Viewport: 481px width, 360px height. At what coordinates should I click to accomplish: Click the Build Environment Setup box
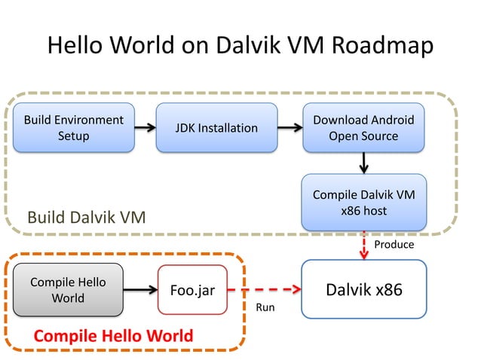pyautogui.click(x=73, y=128)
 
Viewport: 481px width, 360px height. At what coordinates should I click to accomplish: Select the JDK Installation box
pyautogui.click(x=216, y=128)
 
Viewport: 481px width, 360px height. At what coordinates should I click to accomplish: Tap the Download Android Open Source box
pyautogui.click(x=363, y=128)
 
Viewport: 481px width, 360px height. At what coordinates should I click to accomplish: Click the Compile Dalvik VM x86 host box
pyautogui.click(x=363, y=203)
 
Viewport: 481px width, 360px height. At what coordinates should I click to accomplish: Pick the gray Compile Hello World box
pyautogui.click(x=68, y=290)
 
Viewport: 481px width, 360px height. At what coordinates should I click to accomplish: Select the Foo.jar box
pyautogui.click(x=192, y=290)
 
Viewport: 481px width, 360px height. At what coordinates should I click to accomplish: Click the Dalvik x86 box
pyautogui.click(x=363, y=290)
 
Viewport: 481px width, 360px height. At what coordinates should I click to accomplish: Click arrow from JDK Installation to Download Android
pyautogui.click(x=289, y=128)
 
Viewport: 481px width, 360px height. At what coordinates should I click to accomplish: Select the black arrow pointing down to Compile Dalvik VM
pyautogui.click(x=363, y=162)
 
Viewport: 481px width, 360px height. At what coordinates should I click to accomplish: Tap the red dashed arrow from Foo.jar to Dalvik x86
pyautogui.click(x=263, y=290)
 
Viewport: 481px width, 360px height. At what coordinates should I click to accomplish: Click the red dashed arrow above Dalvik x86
pyautogui.click(x=363, y=246)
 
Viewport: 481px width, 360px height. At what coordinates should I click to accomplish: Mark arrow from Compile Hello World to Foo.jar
pyautogui.click(x=140, y=290)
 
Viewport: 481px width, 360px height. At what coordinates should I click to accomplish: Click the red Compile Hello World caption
pyautogui.click(x=112, y=335)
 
